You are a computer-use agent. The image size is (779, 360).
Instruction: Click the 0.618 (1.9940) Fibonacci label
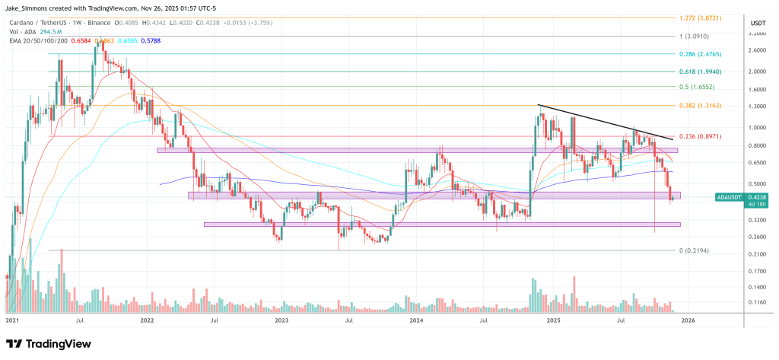(695, 71)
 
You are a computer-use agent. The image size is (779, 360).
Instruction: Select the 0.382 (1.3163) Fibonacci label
(695, 106)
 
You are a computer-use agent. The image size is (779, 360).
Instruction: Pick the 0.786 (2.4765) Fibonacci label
(695, 54)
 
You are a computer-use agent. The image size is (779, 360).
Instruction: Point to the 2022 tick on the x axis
(148, 321)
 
